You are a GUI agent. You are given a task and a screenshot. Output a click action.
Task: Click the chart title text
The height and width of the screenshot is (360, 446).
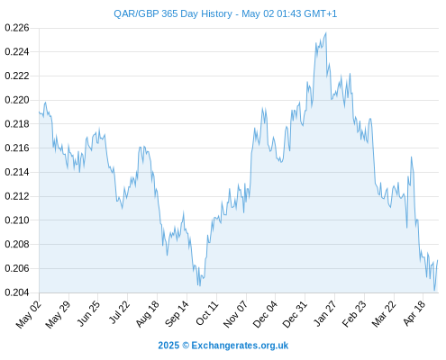click(225, 13)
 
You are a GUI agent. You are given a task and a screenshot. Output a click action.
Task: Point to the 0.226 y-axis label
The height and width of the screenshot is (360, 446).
click(17, 28)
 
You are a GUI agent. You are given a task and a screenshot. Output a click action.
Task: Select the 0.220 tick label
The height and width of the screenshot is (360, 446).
click(17, 100)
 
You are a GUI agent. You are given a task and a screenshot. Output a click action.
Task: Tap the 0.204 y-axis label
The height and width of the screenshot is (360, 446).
click(17, 292)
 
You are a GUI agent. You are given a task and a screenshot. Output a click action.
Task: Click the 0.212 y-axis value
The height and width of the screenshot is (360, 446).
click(17, 196)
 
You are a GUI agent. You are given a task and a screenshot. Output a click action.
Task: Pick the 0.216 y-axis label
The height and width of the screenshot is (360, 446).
click(17, 148)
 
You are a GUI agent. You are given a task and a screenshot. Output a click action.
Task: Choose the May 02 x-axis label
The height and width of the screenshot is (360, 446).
click(29, 314)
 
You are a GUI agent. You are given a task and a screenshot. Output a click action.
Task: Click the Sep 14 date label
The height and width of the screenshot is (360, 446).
click(177, 313)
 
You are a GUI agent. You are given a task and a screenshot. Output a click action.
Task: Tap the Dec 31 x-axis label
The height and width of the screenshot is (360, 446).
click(295, 314)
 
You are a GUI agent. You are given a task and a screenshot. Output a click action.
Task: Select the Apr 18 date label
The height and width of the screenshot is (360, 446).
click(414, 313)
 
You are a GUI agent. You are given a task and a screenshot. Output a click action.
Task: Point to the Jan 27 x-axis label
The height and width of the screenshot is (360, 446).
click(324, 313)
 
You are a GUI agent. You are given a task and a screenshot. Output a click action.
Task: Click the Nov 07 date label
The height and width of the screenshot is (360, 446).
click(236, 314)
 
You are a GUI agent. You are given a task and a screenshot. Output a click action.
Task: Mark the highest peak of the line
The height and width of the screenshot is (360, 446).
click(326, 32)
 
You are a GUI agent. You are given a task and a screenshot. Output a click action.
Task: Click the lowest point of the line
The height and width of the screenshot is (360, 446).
click(434, 291)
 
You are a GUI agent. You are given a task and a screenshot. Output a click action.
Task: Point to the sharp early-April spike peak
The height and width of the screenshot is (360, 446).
click(411, 157)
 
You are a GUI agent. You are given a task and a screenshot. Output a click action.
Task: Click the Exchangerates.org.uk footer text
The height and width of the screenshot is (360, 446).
click(240, 346)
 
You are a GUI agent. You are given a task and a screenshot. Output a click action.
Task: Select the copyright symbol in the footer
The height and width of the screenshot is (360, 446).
click(186, 346)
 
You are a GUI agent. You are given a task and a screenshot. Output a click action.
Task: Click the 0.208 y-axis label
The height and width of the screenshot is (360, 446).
click(17, 244)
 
